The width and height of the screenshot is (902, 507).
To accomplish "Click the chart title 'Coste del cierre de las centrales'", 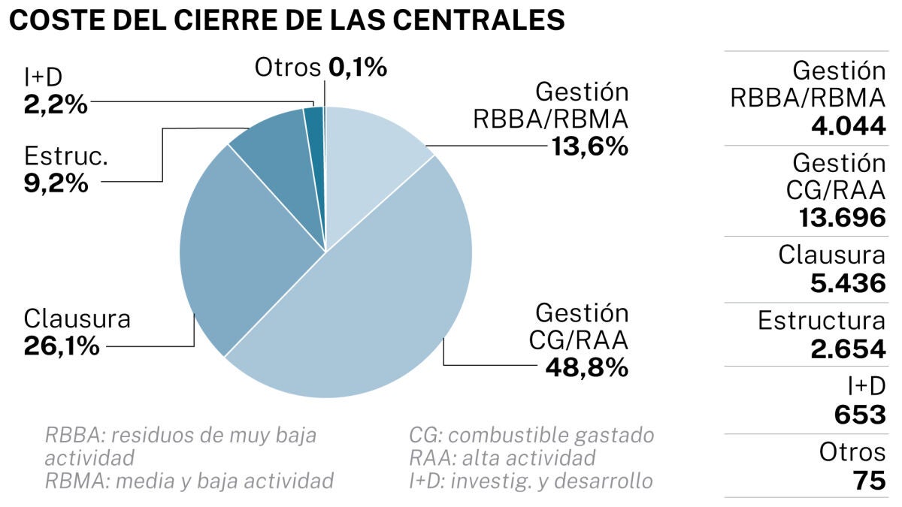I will pyautogui.click(x=286, y=20).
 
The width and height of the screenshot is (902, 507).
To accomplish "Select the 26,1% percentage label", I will pyautogui.click(x=62, y=346).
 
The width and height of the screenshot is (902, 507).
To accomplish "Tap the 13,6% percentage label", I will pyautogui.click(x=589, y=146).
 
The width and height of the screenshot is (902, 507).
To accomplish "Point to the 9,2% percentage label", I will pyautogui.click(x=56, y=183).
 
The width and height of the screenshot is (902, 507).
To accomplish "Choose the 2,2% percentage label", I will pyautogui.click(x=56, y=104).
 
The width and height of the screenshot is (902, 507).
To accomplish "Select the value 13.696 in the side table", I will pyautogui.click(x=842, y=217).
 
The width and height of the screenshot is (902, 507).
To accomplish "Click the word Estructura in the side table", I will pyautogui.click(x=822, y=321).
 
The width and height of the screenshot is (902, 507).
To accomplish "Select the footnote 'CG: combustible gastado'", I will pyautogui.click(x=531, y=435).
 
